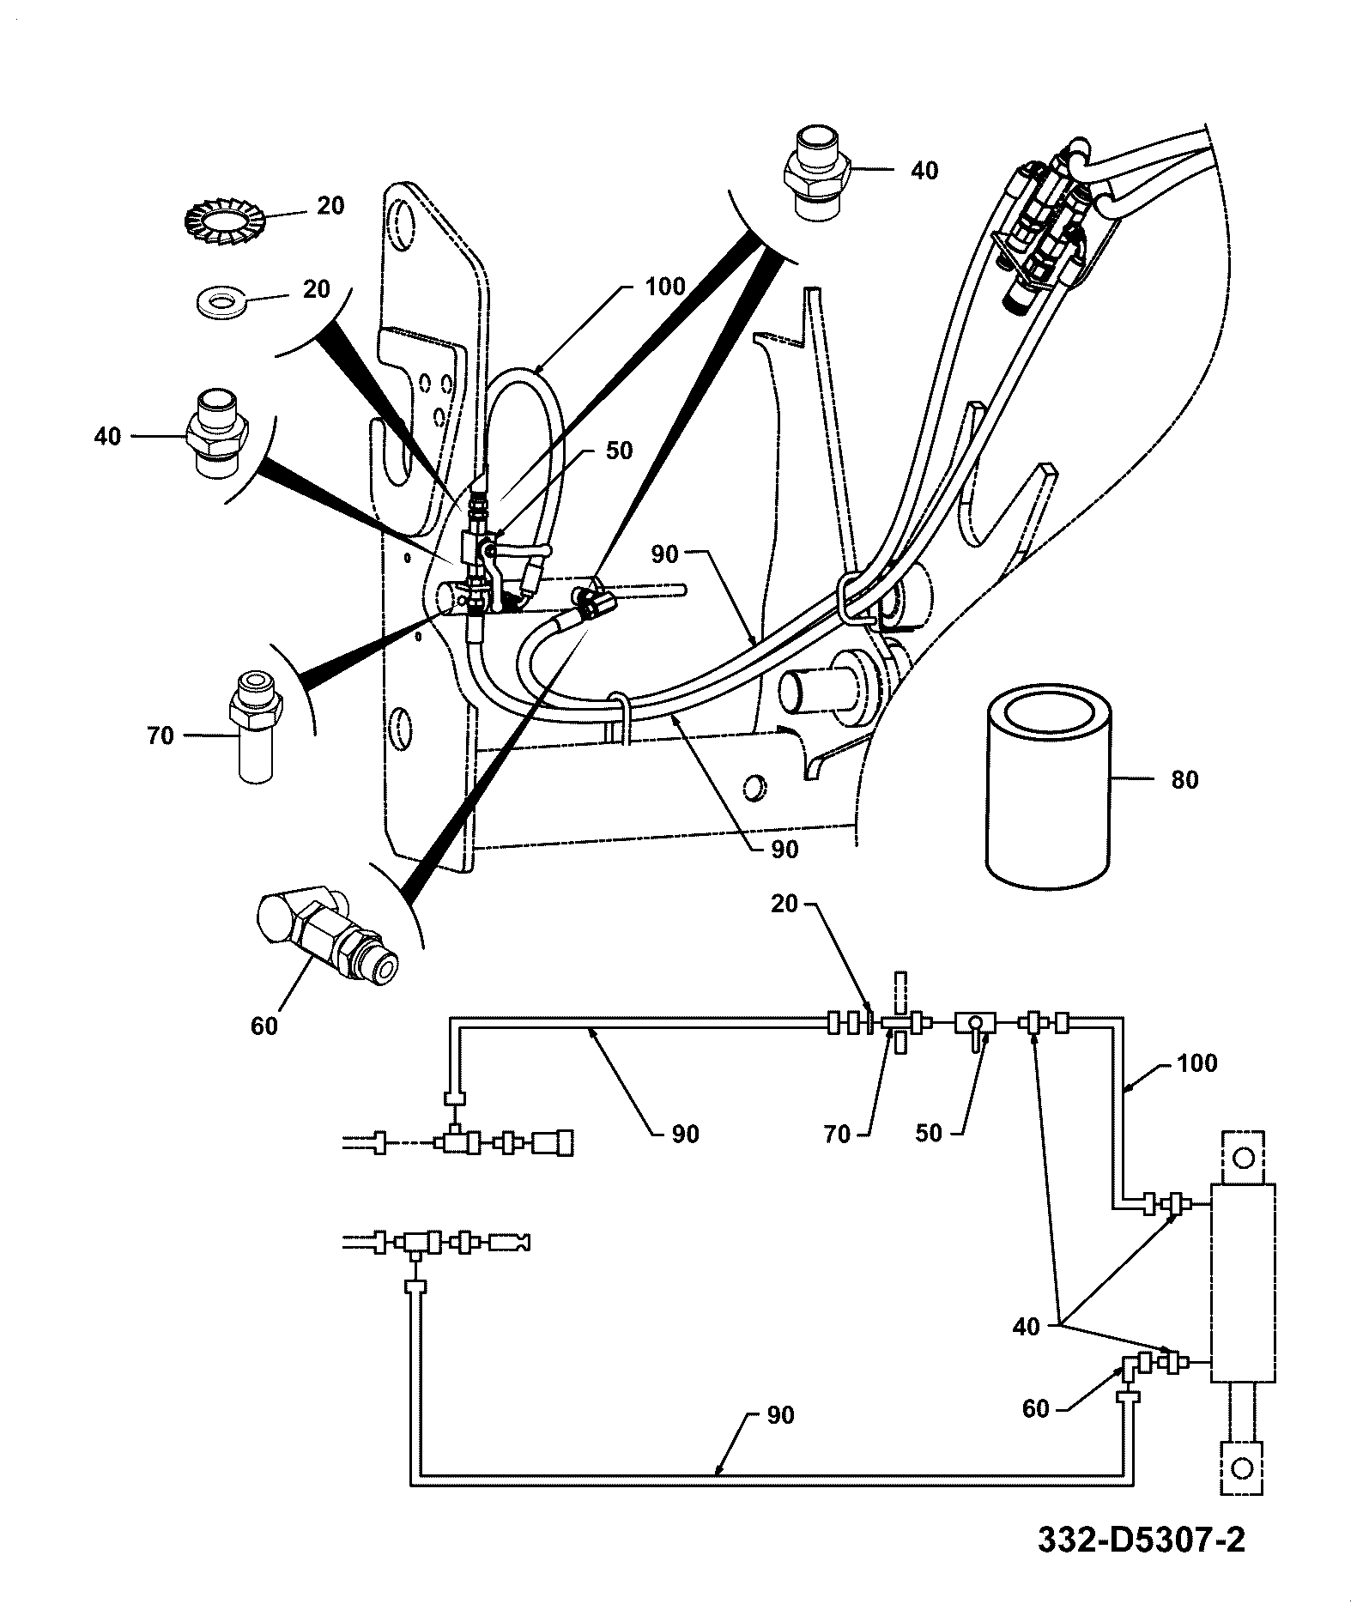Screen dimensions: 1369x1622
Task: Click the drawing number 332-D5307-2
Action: (x=1141, y=1540)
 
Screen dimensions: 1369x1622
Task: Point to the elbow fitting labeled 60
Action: (x=327, y=937)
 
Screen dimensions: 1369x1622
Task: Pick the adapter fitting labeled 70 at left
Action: (x=256, y=727)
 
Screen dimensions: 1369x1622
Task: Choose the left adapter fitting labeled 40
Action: (x=218, y=433)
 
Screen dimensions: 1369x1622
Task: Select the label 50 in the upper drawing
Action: (x=619, y=451)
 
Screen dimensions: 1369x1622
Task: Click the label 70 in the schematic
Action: (x=836, y=1135)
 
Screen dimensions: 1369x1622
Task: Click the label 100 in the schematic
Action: (x=1196, y=1063)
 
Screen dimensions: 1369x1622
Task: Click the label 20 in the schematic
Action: (x=784, y=904)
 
